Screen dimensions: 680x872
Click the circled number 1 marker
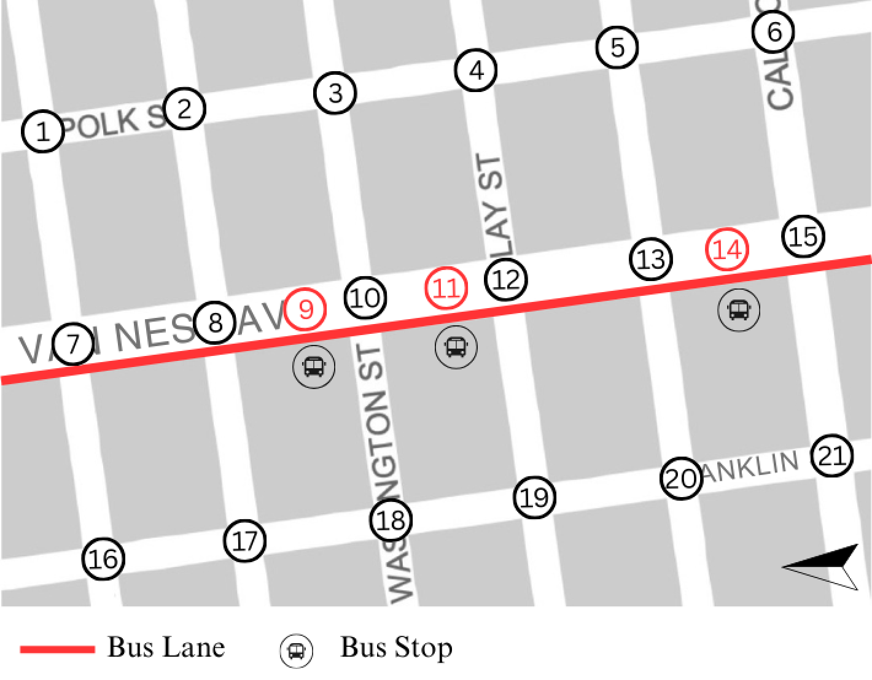[43, 131]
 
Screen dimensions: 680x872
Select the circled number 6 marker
[774, 32]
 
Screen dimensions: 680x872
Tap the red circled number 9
[305, 309]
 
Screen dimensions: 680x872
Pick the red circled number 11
[446, 288]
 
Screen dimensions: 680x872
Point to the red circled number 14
[728, 250]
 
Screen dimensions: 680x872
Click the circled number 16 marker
[103, 558]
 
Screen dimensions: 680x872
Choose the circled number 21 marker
[832, 455]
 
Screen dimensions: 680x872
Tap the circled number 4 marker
[476, 71]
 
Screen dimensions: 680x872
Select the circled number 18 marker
[391, 520]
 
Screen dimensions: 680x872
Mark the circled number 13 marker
[650, 259]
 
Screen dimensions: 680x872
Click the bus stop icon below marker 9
[314, 367]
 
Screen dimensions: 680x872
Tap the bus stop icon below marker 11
[456, 347]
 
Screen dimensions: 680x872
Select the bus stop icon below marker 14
[739, 310]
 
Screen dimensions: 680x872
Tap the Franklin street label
[752, 468]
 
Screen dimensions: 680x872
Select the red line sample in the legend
[57, 649]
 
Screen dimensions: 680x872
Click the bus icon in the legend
[296, 651]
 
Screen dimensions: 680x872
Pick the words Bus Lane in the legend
[166, 647]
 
